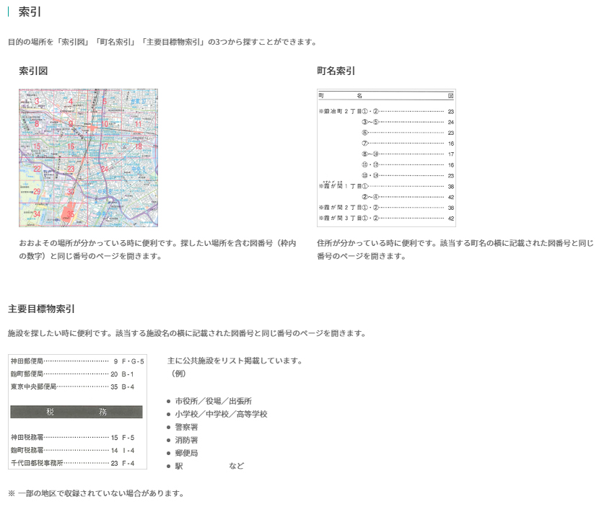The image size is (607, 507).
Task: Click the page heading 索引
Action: (28, 12)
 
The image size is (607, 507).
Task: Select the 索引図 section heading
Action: (33, 71)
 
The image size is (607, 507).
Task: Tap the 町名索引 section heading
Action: (336, 71)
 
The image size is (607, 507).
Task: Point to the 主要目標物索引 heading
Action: (41, 309)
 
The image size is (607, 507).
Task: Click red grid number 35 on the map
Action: (71, 213)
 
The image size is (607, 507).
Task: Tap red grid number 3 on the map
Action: (37, 102)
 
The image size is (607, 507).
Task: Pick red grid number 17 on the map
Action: (104, 146)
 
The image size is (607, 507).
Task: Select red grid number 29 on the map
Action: (37, 191)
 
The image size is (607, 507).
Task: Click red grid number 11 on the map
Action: (138, 124)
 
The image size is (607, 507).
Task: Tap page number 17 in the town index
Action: (450, 154)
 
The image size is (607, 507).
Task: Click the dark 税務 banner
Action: (77, 412)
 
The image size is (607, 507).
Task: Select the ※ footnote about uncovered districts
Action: (96, 493)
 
